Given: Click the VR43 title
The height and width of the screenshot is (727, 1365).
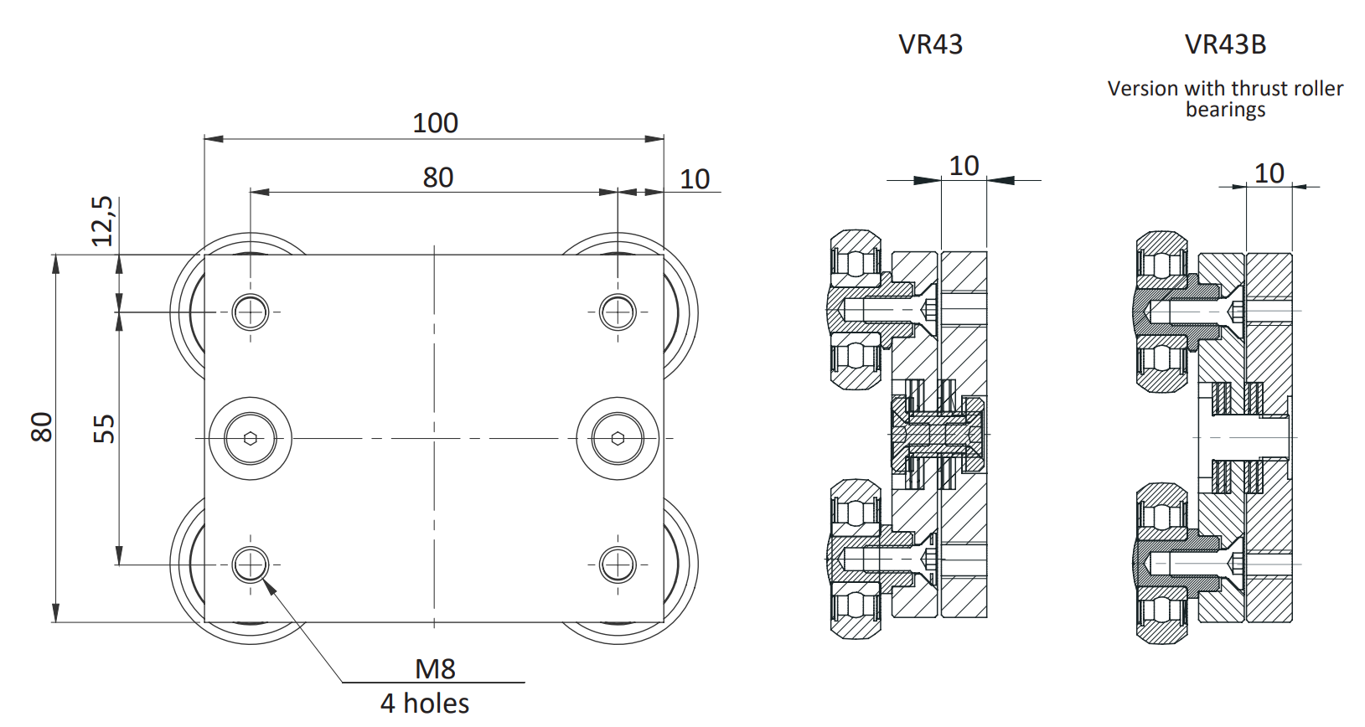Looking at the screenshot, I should tap(930, 44).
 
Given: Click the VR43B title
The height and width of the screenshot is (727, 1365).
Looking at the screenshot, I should tap(1225, 44).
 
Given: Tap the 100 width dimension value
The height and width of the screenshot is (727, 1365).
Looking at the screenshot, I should tap(435, 123).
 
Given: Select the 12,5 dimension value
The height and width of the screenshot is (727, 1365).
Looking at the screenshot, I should tap(102, 221).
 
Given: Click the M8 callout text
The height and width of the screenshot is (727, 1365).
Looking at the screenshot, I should tap(435, 668).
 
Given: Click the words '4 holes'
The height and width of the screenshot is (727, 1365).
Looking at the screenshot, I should tap(425, 704).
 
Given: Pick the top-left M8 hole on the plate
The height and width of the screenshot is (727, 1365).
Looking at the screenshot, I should tap(250, 312).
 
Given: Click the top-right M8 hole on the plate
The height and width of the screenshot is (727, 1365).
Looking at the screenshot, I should tap(618, 312).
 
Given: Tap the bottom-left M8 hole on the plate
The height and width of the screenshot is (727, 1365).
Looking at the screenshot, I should tap(250, 565).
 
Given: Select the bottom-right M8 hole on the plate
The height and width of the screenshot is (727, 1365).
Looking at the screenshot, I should tap(618, 565).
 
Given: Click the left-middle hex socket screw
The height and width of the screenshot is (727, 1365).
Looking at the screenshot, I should tap(250, 438).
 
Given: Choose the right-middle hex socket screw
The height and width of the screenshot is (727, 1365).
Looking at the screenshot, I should tap(618, 438).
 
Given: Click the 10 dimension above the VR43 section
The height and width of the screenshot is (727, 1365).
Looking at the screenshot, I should tap(964, 166).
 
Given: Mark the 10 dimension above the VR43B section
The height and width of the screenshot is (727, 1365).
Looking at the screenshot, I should tap(1269, 173).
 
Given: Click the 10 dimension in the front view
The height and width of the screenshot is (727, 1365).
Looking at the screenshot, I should tap(695, 178).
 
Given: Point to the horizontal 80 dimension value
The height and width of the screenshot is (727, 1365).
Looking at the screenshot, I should tap(437, 178).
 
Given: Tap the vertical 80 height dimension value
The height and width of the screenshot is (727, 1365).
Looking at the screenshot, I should tap(41, 427).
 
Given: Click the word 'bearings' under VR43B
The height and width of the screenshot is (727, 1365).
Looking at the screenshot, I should tap(1225, 110).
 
